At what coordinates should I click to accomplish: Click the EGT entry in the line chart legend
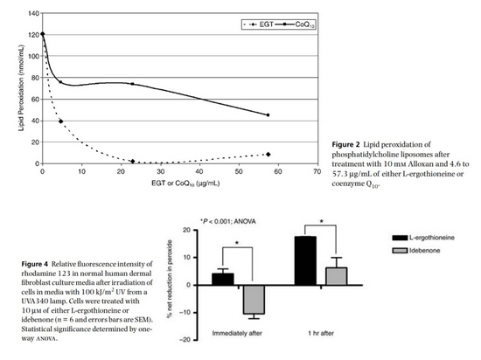point(258,24)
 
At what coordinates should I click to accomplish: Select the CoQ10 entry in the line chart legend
point(296,24)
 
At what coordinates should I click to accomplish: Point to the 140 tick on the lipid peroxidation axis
point(34,13)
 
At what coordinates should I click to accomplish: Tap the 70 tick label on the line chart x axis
point(317,171)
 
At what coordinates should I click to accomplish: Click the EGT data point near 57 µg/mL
point(268,155)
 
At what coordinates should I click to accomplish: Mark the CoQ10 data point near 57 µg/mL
point(268,115)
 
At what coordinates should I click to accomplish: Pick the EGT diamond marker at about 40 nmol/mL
point(60,121)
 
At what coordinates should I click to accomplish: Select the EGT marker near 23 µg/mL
point(133,161)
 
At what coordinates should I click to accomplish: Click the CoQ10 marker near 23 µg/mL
point(132,84)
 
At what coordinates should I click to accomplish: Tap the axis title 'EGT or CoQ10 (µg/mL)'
point(185,183)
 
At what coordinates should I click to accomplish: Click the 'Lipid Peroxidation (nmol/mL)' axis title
point(21,88)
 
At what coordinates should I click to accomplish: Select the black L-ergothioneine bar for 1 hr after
point(305,260)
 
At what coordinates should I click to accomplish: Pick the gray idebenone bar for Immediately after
point(254,300)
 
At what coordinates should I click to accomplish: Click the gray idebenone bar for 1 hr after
point(337,276)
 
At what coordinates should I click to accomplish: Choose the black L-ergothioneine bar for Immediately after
point(223,279)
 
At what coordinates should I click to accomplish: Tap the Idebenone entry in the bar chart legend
point(416,251)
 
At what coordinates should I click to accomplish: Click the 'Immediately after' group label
point(237,333)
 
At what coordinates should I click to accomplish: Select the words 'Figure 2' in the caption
point(345,144)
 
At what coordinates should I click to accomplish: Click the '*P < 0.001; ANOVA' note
point(227,221)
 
